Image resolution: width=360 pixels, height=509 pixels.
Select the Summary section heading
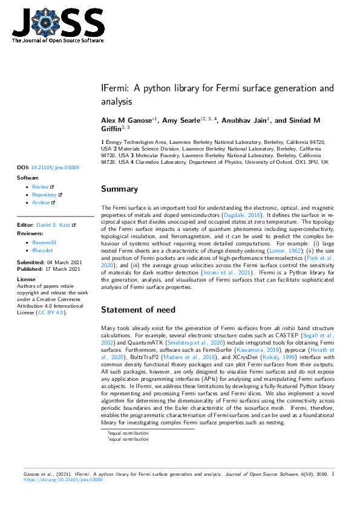(x=119, y=189)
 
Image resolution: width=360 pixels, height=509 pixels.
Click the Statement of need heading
(x=138, y=310)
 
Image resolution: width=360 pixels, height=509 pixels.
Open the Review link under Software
(x=41, y=187)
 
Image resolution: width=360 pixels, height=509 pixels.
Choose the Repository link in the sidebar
(x=44, y=195)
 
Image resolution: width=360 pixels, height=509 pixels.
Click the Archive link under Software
(x=41, y=203)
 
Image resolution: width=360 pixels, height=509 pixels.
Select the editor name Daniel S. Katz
(x=53, y=225)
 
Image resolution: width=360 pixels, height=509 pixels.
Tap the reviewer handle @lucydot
(x=44, y=248)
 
